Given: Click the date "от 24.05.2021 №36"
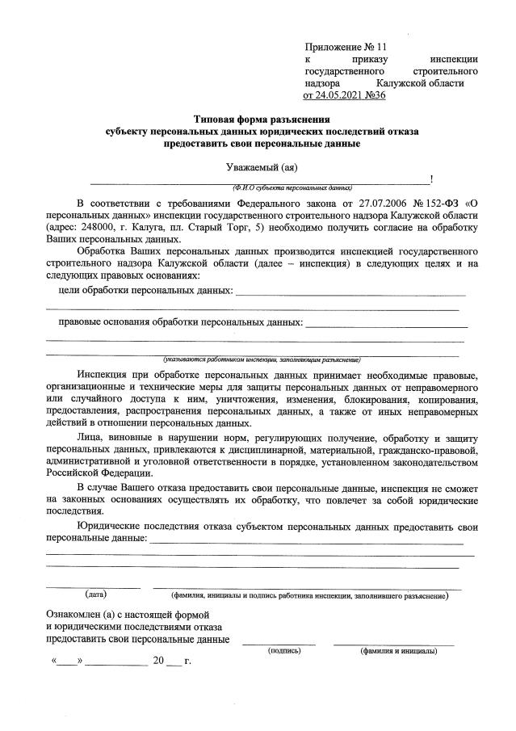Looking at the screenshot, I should pyautogui.click(x=345, y=95).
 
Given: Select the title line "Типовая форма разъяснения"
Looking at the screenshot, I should pyautogui.click(x=262, y=119).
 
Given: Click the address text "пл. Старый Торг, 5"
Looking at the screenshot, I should pyautogui.click(x=208, y=228).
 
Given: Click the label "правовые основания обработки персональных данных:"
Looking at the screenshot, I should pyautogui.click(x=181, y=323).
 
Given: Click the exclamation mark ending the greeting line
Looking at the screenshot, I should pyautogui.click(x=432, y=179).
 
